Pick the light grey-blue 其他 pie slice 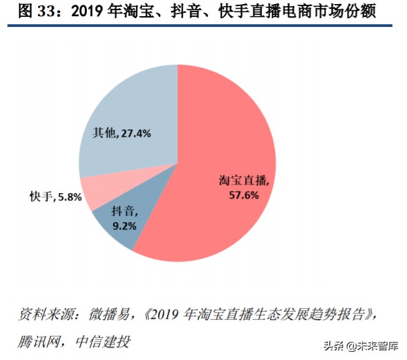point(128,108)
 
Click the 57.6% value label point(243,194)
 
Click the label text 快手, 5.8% point(54,197)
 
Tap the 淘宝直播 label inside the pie point(243,180)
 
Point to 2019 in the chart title point(69,11)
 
